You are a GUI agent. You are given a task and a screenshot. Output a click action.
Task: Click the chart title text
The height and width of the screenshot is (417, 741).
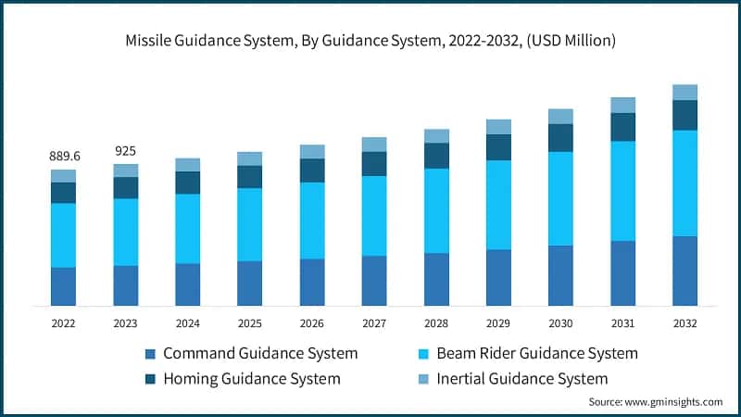370,42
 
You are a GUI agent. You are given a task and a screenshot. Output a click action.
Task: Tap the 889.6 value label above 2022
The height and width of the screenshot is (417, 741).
64,156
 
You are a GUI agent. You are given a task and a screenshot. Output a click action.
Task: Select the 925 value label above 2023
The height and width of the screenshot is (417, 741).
126,150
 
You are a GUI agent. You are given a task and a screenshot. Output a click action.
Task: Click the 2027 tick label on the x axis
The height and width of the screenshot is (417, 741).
374,323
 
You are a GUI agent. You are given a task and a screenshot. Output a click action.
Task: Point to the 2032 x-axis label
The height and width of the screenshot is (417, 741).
684,323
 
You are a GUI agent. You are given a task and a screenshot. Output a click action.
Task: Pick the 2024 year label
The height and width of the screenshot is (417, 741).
188,323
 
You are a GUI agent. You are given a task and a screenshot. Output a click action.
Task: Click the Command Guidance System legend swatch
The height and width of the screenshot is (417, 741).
151,354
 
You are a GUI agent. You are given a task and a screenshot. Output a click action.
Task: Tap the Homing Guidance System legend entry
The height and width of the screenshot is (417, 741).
251,378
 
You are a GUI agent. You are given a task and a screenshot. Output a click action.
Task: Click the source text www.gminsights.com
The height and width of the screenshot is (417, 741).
656,402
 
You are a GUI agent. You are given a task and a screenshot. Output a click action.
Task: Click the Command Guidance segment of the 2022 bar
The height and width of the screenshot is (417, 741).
64,286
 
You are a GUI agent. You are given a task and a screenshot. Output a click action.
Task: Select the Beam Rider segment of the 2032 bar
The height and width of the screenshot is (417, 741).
684,183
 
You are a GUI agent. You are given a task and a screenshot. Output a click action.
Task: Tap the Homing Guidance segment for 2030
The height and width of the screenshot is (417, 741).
560,138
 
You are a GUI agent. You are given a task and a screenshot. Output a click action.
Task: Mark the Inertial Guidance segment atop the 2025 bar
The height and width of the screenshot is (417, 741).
250,158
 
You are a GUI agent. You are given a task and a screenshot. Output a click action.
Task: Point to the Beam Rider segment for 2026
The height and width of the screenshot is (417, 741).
312,221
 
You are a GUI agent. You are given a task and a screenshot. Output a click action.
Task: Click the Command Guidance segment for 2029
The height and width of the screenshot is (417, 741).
498,277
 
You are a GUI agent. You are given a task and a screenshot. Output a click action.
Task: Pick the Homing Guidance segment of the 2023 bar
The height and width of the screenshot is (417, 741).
126,188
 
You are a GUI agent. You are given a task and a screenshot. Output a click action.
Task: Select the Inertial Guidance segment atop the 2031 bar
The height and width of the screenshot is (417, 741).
622,105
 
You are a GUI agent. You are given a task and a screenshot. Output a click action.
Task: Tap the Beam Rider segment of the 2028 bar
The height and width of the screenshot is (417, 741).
436,210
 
